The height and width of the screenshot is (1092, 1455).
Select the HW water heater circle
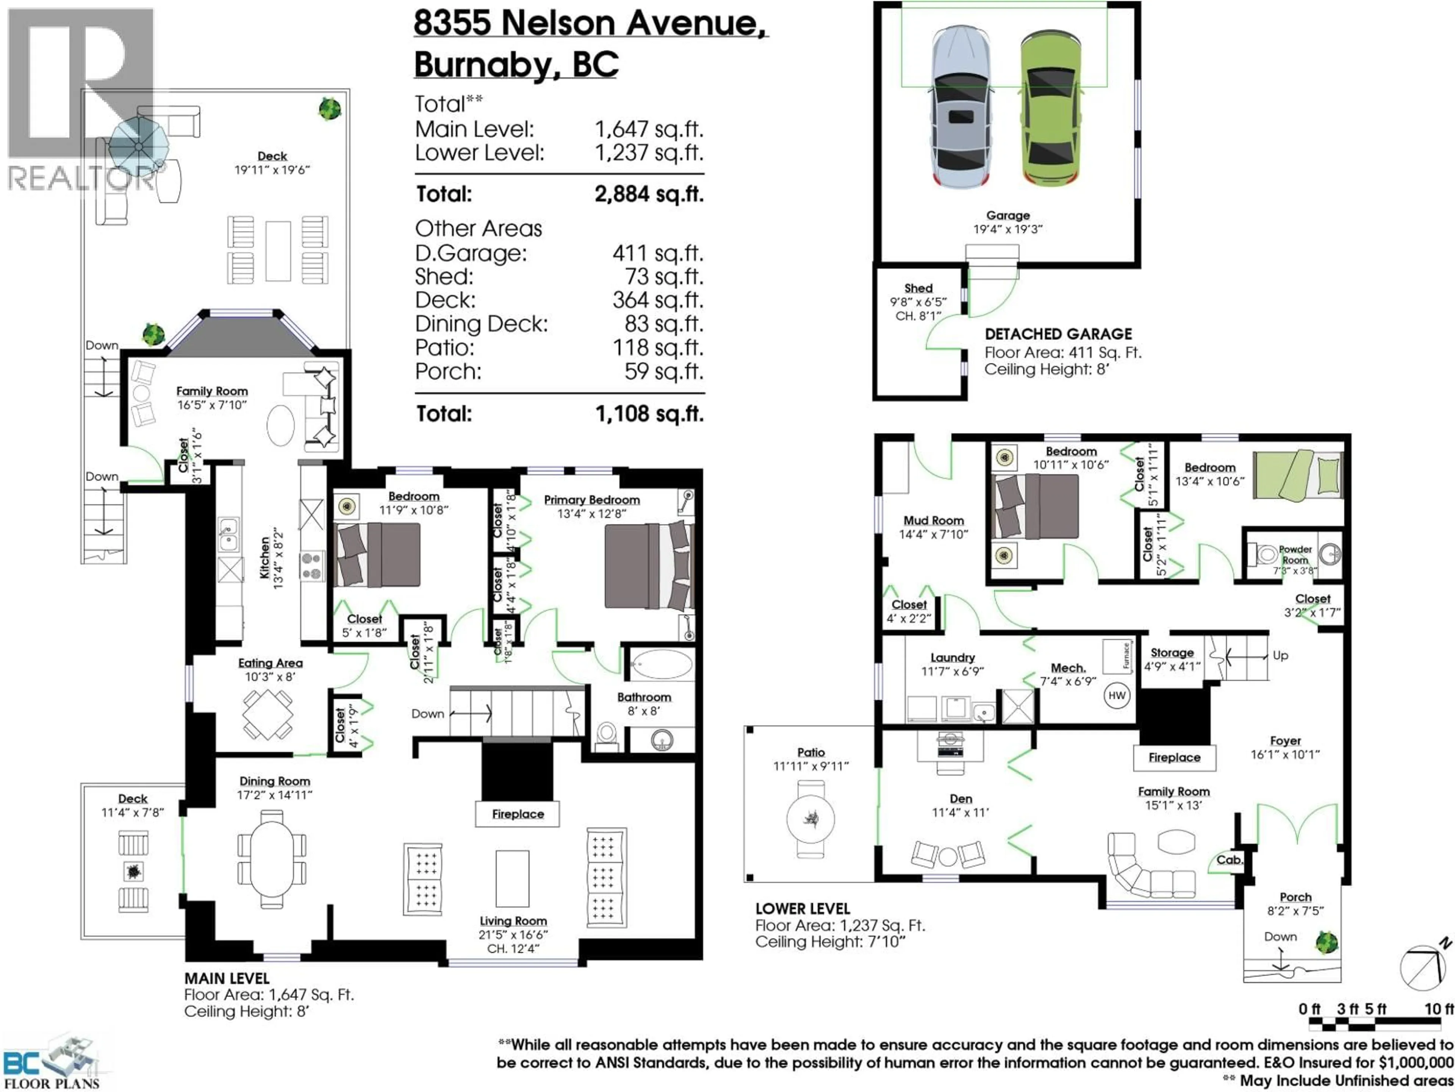(1117, 696)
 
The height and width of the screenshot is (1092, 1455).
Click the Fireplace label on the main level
(518, 814)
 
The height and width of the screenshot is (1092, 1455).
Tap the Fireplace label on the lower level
(1174, 758)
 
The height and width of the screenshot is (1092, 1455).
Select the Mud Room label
(933, 521)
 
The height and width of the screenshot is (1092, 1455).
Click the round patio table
(810, 819)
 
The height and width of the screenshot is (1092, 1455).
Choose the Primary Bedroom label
(591, 500)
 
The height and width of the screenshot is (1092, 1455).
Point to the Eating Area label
(270, 663)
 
